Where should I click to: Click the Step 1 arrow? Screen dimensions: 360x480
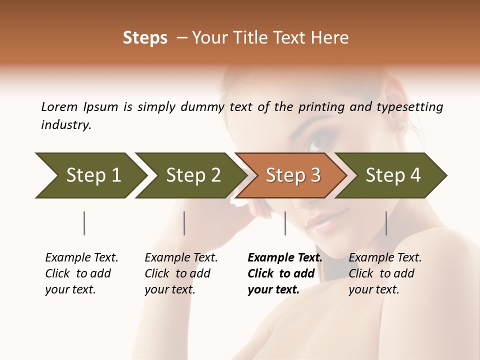click(90, 175)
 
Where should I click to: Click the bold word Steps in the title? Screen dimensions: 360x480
click(145, 38)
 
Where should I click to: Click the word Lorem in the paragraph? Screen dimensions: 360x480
click(59, 106)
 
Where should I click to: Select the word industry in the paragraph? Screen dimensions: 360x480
click(65, 124)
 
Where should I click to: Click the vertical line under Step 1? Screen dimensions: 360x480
click(84, 223)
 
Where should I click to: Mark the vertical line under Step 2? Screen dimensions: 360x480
click(184, 223)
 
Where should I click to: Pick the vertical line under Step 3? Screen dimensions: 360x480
click(285, 223)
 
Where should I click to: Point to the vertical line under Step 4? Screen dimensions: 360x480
click(386, 223)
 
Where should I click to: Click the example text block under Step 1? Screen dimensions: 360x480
click(81, 273)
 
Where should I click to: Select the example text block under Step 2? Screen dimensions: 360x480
click(181, 273)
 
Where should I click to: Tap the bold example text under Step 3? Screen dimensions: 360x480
click(284, 273)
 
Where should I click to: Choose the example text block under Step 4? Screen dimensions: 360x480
click(385, 273)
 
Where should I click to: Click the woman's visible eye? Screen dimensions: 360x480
click(318, 143)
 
